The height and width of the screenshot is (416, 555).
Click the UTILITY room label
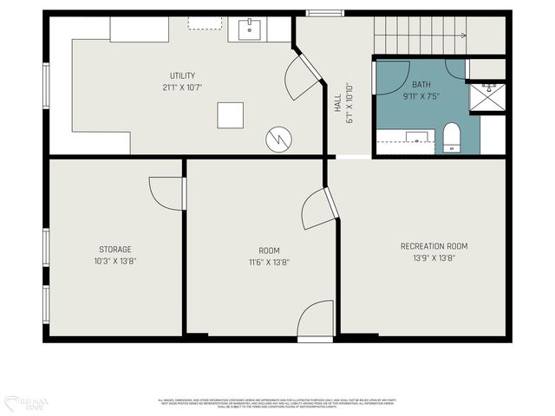182,75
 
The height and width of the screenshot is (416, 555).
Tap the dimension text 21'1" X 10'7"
182,88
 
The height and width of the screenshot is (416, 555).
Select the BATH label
421,84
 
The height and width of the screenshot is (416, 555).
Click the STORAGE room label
115,249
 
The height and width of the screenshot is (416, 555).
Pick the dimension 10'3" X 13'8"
115,261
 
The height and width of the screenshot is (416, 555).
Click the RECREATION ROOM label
434,246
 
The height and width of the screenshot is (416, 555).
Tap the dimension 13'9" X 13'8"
434,258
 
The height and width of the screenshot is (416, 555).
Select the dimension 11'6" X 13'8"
268,262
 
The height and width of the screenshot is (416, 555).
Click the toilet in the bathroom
451,137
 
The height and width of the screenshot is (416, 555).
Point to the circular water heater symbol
278,138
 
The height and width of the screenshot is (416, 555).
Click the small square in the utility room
230,115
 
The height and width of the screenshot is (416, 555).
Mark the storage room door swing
166,193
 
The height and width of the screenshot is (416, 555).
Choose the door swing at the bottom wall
316,321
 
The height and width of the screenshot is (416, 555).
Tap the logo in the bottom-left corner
26,403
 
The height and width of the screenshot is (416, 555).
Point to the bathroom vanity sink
418,136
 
